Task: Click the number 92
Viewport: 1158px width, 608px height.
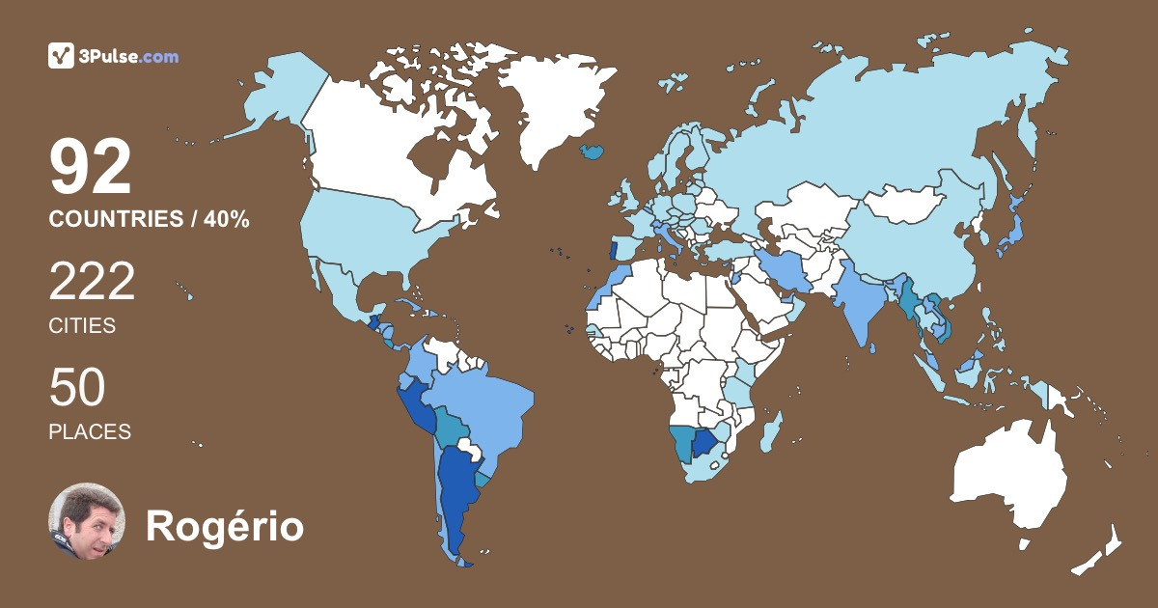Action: [x=91, y=169]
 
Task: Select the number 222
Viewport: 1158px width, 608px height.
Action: [x=93, y=283]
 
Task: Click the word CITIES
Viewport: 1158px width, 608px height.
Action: [x=82, y=326]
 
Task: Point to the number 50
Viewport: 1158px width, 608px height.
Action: [x=77, y=388]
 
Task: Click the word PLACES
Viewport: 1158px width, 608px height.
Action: [x=90, y=432]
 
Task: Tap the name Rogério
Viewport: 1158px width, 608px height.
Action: [x=224, y=527]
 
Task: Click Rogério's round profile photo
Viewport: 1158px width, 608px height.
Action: [x=87, y=521]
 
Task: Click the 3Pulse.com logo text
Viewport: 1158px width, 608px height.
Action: [x=129, y=56]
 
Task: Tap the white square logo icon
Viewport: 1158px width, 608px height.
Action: [x=62, y=56]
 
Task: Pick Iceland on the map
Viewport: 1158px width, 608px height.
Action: [x=592, y=152]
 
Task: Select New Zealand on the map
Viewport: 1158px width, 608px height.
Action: [x=1100, y=550]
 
